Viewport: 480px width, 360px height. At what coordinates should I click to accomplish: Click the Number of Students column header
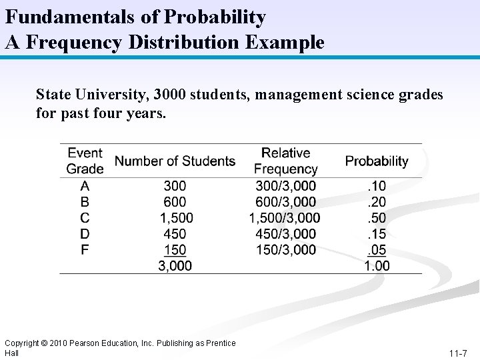(x=175, y=161)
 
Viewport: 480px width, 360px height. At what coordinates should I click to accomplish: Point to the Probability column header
(x=377, y=161)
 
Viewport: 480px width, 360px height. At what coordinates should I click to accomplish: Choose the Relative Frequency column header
(x=285, y=161)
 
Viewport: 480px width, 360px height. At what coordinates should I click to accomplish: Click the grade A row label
(x=85, y=185)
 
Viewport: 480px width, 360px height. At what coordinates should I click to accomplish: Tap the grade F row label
(x=84, y=249)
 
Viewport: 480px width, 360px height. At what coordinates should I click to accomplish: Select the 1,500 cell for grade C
(x=176, y=217)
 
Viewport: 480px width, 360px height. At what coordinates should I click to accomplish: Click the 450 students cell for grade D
(x=175, y=233)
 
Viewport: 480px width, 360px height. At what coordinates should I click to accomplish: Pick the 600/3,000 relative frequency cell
(x=285, y=201)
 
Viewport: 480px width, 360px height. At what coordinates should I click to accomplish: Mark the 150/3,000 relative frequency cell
(x=285, y=249)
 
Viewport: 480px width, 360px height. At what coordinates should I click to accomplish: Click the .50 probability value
(x=377, y=217)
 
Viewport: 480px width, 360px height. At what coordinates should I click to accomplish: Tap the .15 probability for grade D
(x=377, y=233)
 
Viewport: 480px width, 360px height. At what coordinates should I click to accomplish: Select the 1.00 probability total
(x=377, y=265)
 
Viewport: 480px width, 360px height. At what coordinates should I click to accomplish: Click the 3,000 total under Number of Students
(x=175, y=265)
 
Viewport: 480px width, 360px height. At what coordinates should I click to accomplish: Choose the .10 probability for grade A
(x=377, y=185)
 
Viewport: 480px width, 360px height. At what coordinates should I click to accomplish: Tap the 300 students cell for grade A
(x=175, y=185)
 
